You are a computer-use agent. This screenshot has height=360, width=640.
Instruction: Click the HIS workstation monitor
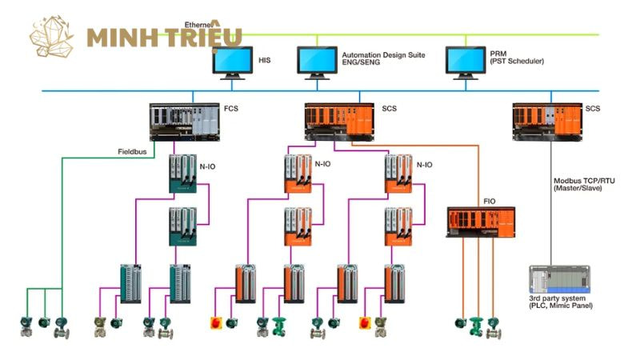233,62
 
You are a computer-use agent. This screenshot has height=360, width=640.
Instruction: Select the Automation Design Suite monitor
317,62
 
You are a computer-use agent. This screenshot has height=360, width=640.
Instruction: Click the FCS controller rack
184,122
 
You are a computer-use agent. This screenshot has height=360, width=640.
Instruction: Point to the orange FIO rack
480,222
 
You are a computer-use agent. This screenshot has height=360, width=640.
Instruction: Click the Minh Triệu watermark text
163,37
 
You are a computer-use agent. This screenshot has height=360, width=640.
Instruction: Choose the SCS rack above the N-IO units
339,122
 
